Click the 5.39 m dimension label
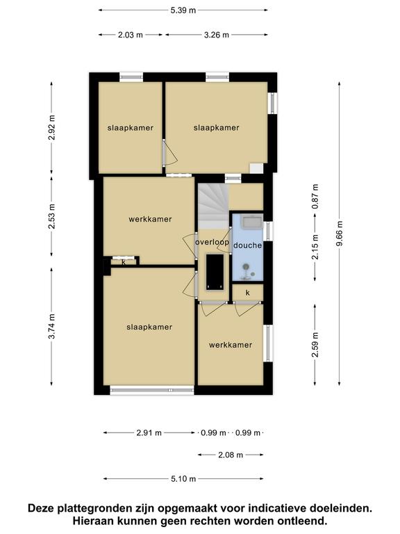pos(183,10)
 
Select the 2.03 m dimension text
pos(131,35)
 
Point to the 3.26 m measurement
pos(217,35)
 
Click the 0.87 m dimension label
pos(315,197)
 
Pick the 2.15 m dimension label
pos(315,247)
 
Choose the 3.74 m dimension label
pos(51,326)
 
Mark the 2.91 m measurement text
pos(149,433)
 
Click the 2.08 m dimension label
pos(231,455)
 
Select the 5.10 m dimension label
pos(183,479)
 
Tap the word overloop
pos(212,242)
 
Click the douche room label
pos(248,245)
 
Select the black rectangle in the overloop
pos(215,272)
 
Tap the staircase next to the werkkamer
pos(213,206)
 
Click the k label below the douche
pos(248,293)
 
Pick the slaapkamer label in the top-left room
pos(131,128)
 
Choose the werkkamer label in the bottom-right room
pos(231,345)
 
